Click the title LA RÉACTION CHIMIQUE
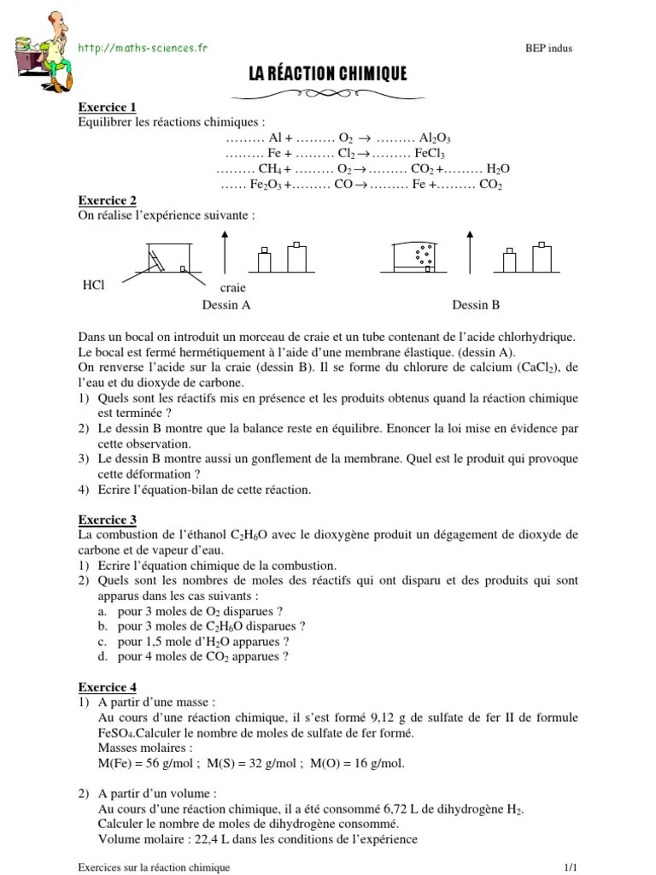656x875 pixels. pyautogui.click(x=328, y=75)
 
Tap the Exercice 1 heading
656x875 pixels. pyautogui.click(x=107, y=108)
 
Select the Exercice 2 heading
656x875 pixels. pyautogui.click(x=107, y=201)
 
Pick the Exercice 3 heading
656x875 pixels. pyautogui.click(x=107, y=520)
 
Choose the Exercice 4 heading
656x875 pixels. pyautogui.click(x=107, y=687)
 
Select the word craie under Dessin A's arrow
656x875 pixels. pyautogui.click(x=233, y=290)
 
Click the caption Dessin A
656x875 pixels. pyautogui.click(x=225, y=305)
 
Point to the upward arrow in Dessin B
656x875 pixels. pyautogui.click(x=471, y=252)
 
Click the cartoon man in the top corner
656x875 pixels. pyautogui.click(x=39, y=49)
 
